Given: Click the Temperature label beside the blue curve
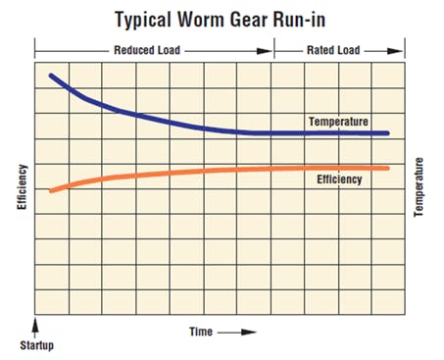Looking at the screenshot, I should tap(338, 122).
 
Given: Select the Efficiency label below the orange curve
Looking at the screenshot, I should tap(340, 180).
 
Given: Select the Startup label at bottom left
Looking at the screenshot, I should tap(37, 346).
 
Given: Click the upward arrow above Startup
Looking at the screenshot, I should tap(35, 326).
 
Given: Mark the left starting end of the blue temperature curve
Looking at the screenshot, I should tap(51, 75).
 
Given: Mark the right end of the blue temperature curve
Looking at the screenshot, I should tap(388, 133).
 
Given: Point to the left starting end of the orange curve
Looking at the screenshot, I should tap(51, 190).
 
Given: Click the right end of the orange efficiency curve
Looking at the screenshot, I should tap(388, 168).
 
